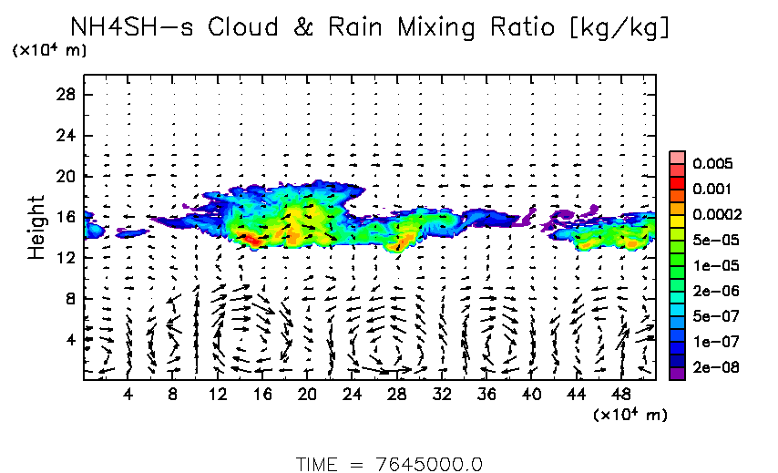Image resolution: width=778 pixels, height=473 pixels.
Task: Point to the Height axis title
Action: tap(36, 227)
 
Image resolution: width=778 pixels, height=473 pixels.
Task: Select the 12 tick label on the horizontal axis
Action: tap(218, 395)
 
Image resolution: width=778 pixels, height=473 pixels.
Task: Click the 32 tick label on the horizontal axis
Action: tap(443, 395)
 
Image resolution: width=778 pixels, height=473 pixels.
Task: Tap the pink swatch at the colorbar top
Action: tap(677, 158)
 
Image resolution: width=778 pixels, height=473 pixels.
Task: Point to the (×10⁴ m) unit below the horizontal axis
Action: tap(630, 415)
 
